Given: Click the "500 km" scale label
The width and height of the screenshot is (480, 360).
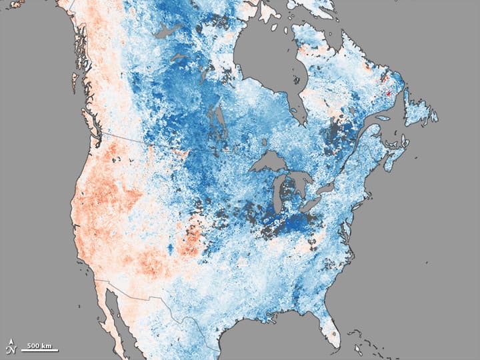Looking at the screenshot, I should (41, 345).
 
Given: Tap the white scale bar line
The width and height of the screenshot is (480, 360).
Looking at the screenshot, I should (41, 350).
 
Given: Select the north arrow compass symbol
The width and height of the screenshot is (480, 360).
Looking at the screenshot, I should (12, 346).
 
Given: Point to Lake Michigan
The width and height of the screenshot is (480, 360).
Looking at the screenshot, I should (281, 193).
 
